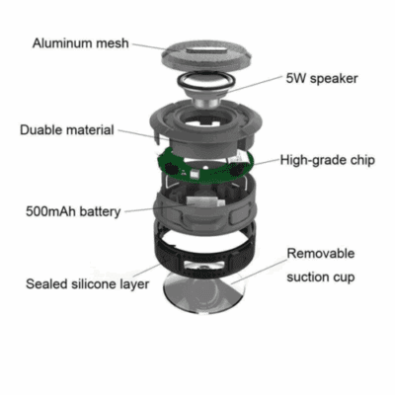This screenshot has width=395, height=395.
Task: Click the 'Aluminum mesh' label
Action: click(80, 43)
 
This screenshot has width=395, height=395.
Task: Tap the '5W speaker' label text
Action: click(322, 79)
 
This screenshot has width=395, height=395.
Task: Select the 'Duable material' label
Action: click(67, 129)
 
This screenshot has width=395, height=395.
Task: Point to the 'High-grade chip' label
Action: click(328, 160)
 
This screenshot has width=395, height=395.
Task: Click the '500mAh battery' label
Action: click(73, 211)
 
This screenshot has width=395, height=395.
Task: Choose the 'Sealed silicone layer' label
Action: click(88, 284)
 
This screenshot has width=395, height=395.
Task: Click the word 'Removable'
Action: click(321, 254)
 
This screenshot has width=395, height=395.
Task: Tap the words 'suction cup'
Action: click(321, 277)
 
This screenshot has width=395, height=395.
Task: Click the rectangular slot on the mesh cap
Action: click(206, 50)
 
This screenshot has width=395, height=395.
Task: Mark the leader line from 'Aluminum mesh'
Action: click(149, 46)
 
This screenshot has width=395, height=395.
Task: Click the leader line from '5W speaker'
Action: click(255, 84)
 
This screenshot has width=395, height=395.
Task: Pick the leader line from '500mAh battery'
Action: click(154, 208)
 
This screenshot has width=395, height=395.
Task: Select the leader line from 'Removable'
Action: click(259, 272)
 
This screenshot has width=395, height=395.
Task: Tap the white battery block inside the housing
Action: click(201, 201)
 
